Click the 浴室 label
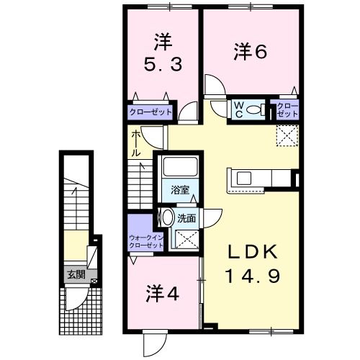tap(180, 191)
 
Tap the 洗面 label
tap(186, 217)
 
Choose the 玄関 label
tap(76, 274)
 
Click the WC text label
tap(238, 109)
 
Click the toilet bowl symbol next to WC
tap(255, 110)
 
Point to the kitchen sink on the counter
tap(241, 179)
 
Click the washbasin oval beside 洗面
tap(167, 217)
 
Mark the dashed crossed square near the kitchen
tap(287, 135)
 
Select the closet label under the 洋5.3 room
tap(150, 112)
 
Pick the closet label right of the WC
tap(288, 109)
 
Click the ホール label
tap(136, 143)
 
